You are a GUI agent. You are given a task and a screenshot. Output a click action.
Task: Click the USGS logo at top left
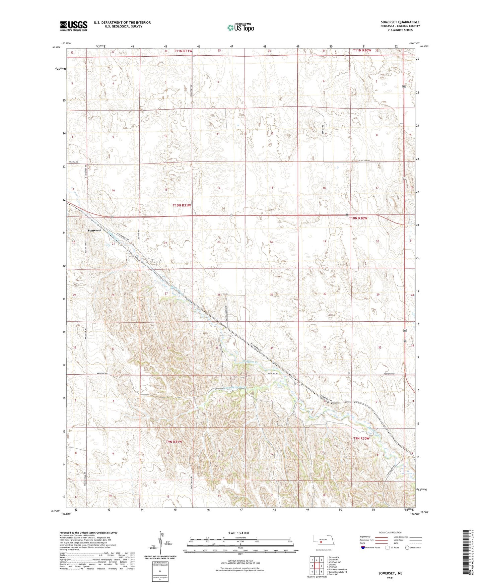[x=74, y=26]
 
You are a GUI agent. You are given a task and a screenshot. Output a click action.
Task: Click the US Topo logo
[x=240, y=27]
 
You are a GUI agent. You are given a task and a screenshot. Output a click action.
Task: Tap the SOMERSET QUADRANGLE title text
[x=400, y=22]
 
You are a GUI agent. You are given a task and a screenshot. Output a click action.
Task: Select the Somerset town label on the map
[x=94, y=231]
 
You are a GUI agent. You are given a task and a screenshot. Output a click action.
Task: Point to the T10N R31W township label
[x=182, y=205]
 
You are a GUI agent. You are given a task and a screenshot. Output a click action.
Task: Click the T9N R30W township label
[x=361, y=438]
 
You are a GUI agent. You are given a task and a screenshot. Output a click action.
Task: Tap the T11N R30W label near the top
[x=362, y=50]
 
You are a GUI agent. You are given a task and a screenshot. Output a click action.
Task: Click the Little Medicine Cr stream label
[x=235, y=388]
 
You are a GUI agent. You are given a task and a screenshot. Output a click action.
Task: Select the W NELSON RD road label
[x=363, y=161]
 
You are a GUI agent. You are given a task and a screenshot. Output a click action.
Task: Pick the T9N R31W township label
[x=174, y=442]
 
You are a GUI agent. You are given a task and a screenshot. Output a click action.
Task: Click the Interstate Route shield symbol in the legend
[x=363, y=547]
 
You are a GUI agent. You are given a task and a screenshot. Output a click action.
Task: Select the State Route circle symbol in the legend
[x=407, y=547]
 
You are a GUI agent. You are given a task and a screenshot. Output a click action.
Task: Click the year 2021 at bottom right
[x=390, y=578]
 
